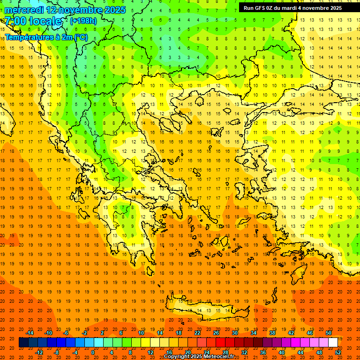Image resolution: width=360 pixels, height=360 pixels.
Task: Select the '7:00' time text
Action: click(x=15, y=21)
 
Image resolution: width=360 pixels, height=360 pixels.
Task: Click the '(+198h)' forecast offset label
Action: click(x=83, y=21)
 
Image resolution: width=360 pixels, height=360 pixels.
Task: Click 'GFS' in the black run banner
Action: click(x=263, y=8)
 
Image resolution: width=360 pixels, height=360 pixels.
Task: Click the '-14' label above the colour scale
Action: click(x=29, y=333)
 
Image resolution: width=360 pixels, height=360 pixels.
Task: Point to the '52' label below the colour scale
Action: click(x=338, y=352)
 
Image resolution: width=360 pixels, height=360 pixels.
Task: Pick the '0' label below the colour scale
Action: click(x=92, y=352)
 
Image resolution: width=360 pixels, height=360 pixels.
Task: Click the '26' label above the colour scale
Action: click(x=216, y=333)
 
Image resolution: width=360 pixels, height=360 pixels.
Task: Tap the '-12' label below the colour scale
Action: click(x=39, y=352)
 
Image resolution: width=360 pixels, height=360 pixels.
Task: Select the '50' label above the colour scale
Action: click(x=329, y=333)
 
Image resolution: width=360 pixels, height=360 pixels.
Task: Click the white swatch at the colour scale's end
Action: click(x=333, y=343)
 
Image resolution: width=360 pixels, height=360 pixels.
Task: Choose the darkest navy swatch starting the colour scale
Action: click(x=23, y=343)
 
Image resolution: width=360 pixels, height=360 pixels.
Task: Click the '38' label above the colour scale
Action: click(x=272, y=333)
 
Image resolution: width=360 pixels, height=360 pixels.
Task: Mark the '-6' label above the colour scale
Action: click(x=66, y=333)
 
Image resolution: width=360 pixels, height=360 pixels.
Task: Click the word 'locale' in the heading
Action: click(x=45, y=21)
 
